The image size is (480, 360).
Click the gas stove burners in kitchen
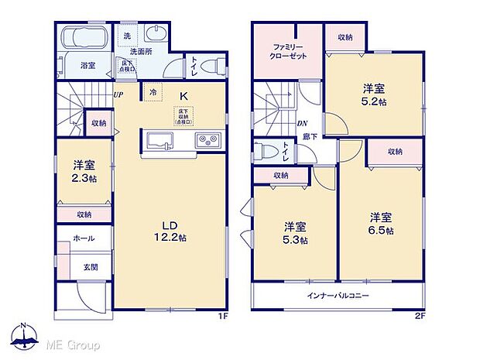pyautogui.click(x=208, y=141)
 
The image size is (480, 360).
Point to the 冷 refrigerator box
pyautogui.click(x=153, y=92)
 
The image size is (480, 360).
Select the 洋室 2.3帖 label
pyautogui.click(x=84, y=172)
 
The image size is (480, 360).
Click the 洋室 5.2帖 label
pyautogui.click(x=375, y=95)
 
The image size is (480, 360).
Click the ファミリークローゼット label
pyautogui.click(x=286, y=52)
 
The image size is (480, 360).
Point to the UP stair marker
pyautogui.click(x=118, y=95)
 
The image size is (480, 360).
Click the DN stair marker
pyautogui.click(x=302, y=123)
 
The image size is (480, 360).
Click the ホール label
pyautogui.click(x=84, y=238)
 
